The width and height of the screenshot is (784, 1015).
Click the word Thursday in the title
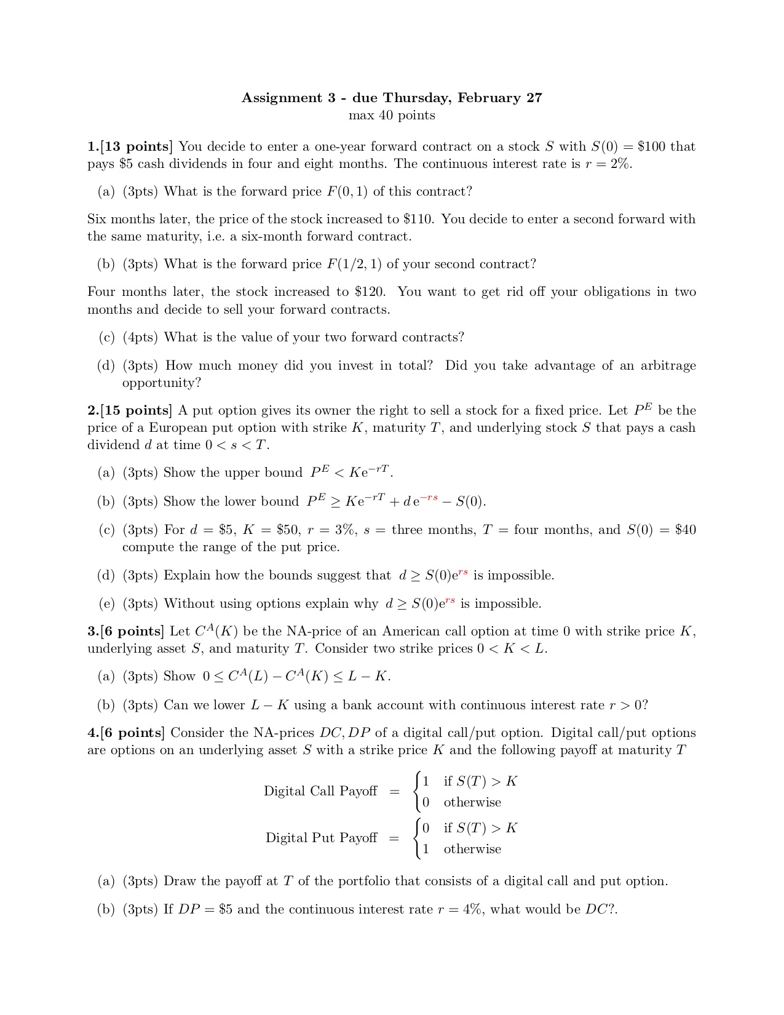click(x=418, y=98)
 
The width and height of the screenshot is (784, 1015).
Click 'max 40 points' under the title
click(x=392, y=116)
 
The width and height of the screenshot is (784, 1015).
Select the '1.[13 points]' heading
click(x=130, y=147)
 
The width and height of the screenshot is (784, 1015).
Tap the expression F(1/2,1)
click(x=354, y=265)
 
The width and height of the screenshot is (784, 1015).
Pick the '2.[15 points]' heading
click(x=130, y=411)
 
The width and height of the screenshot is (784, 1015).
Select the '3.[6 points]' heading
click(x=126, y=632)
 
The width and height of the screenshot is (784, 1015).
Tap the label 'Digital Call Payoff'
click(x=320, y=791)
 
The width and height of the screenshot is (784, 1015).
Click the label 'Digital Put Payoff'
click(x=321, y=838)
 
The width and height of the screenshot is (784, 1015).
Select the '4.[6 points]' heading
click(x=126, y=733)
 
